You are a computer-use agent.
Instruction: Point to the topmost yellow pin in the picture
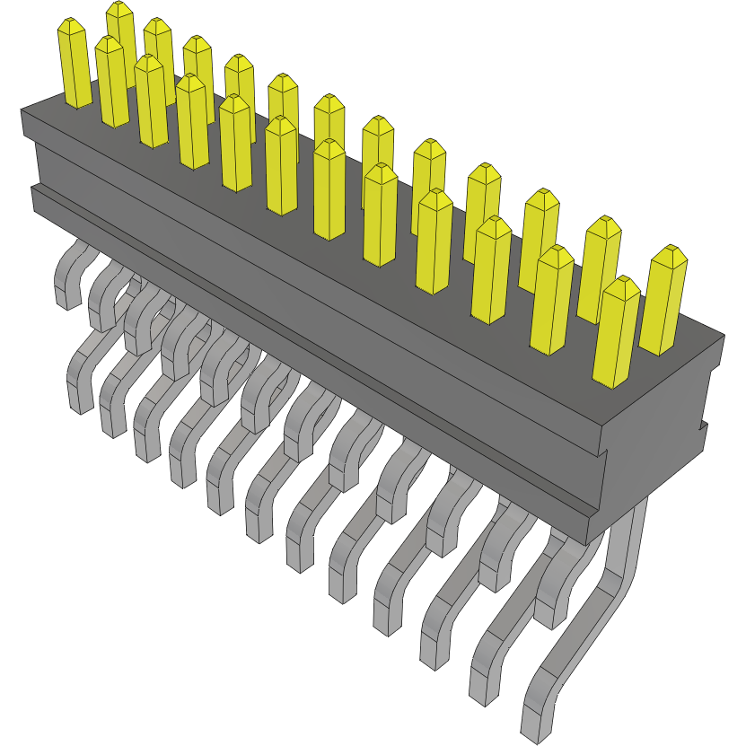click(x=120, y=36)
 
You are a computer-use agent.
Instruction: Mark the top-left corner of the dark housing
click(x=22, y=110)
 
